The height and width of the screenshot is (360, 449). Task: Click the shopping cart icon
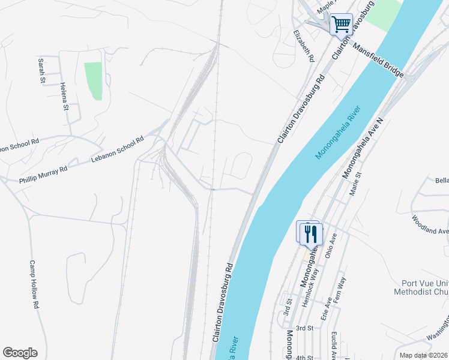click(x=341, y=25)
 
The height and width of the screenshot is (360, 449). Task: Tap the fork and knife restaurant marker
click(x=310, y=233)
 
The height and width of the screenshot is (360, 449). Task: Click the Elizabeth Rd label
click(x=304, y=47)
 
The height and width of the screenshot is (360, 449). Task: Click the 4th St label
click(x=304, y=358)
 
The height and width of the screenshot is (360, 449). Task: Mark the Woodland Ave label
click(x=430, y=223)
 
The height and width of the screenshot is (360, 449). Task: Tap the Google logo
click(x=20, y=353)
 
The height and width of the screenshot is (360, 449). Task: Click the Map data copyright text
click(x=423, y=355)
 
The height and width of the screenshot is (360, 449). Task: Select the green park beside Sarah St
click(x=93, y=80)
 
